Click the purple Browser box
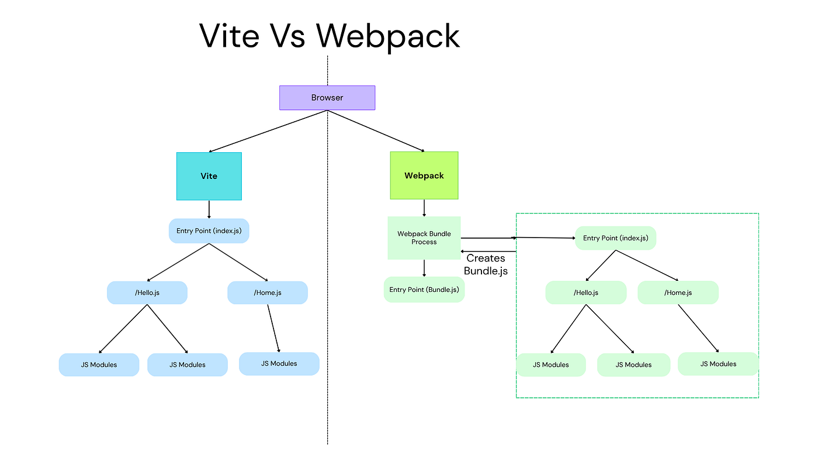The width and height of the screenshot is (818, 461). (327, 98)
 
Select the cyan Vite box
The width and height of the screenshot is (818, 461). (209, 176)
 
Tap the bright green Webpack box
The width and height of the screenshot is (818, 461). (424, 176)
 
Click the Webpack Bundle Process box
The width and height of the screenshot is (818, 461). (424, 238)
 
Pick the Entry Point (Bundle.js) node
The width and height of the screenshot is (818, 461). (424, 290)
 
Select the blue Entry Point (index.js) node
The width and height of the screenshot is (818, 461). (209, 230)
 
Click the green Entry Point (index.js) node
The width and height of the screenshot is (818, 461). (615, 238)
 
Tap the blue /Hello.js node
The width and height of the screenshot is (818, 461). (147, 293)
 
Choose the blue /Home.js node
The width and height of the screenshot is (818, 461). (267, 293)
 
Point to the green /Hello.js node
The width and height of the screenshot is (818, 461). (585, 293)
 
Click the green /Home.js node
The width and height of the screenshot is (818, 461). (678, 293)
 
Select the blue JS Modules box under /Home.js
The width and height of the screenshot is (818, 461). (279, 363)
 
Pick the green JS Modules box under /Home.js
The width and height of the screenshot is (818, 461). (718, 364)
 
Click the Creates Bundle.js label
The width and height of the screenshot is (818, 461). (486, 264)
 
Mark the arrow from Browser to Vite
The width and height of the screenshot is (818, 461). (268, 131)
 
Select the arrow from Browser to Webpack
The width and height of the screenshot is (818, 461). (376, 131)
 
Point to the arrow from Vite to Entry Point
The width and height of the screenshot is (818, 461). (209, 209)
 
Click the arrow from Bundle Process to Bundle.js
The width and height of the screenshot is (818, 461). (424, 268)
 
